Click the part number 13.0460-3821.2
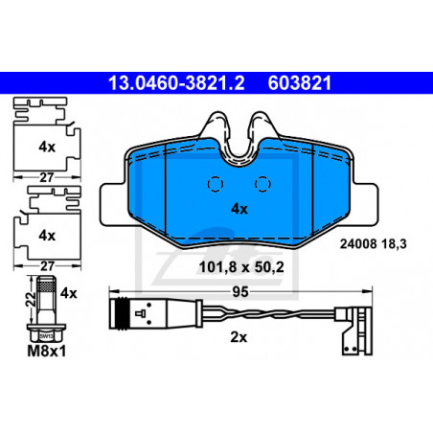[176, 83]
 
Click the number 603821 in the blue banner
[300, 83]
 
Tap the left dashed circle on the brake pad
[216, 184]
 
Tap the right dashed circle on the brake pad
[262, 184]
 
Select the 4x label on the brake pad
[239, 209]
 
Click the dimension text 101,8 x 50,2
[241, 267]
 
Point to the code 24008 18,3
[373, 244]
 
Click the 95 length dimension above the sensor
[240, 292]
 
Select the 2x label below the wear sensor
[239, 337]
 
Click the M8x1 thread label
[47, 352]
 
